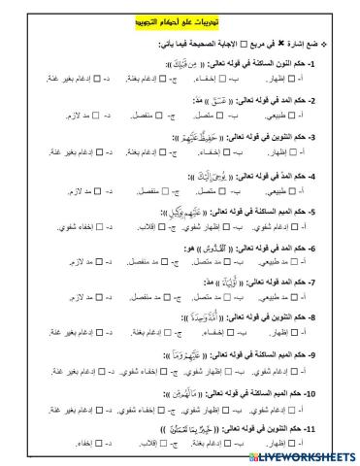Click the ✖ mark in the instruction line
point(296,44)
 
